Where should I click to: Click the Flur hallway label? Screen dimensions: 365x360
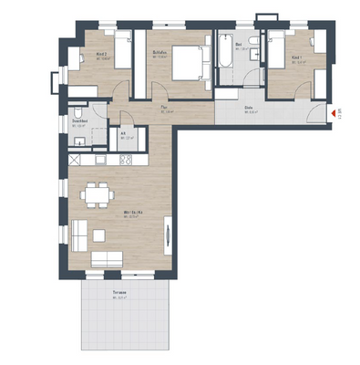click(165, 110)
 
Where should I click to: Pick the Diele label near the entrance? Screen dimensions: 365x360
click(248, 109)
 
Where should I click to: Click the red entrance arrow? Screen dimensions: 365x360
click(330, 113)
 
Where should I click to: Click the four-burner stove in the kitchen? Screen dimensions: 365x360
click(126, 160)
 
